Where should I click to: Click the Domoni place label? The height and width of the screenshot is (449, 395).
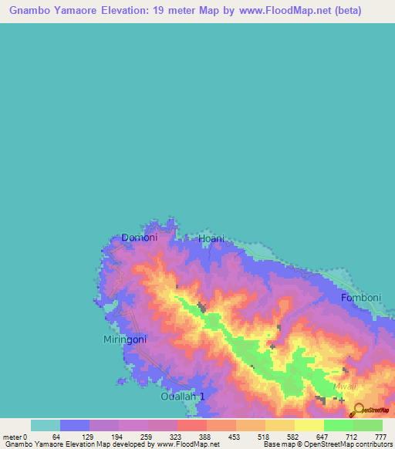(x=140, y=238)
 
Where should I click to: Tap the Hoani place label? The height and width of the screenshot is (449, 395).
(x=211, y=239)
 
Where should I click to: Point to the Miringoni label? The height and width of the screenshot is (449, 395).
(x=125, y=339)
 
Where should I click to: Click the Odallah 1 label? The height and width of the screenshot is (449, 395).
(x=183, y=397)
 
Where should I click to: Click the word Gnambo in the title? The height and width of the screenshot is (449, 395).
(x=30, y=11)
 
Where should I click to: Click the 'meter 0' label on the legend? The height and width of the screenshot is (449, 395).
(x=15, y=437)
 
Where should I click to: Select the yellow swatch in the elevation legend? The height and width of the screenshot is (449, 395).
(x=309, y=425)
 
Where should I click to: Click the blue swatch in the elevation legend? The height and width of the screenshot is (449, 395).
(x=75, y=425)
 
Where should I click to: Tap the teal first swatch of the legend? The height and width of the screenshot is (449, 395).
(x=46, y=425)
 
